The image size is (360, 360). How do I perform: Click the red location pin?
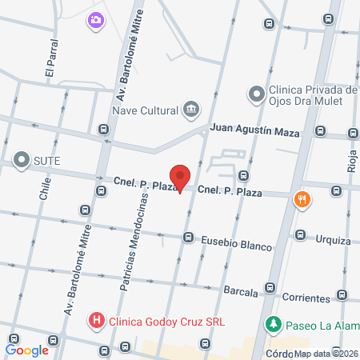click(181, 177)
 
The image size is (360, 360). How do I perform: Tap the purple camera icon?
click(96, 19)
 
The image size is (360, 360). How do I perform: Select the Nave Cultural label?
click(146, 110)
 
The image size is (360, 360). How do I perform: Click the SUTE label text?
click(46, 160)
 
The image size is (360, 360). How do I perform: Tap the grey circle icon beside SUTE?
click(22, 160)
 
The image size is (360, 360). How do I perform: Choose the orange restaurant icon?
click(302, 198)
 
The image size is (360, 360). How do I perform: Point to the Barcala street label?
click(240, 292)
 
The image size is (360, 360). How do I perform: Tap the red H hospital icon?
click(97, 322)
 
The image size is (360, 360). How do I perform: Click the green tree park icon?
click(274, 325)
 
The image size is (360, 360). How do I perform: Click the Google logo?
click(27, 350)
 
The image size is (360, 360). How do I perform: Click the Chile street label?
click(45, 193)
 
